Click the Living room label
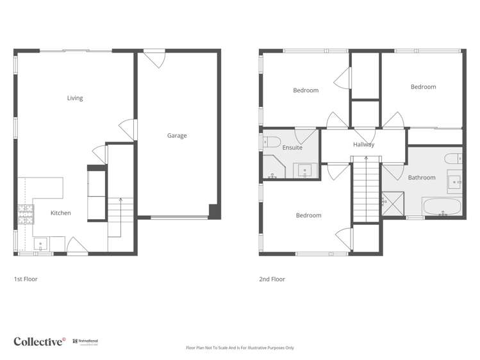pyautogui.click(x=75, y=98)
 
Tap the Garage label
pyautogui.click(x=177, y=135)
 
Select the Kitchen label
pyautogui.click(x=61, y=213)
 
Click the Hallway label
pyautogui.click(x=363, y=145)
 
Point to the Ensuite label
pyautogui.click(x=292, y=148)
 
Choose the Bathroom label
pyautogui.click(x=422, y=177)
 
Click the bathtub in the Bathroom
pyautogui.click(x=442, y=207)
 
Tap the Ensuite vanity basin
pyautogui.click(x=304, y=171)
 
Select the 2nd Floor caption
pyautogui.click(x=272, y=279)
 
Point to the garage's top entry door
pyautogui.click(x=154, y=59)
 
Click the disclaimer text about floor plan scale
pyautogui.click(x=240, y=348)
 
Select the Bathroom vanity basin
pyautogui.click(x=454, y=183)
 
